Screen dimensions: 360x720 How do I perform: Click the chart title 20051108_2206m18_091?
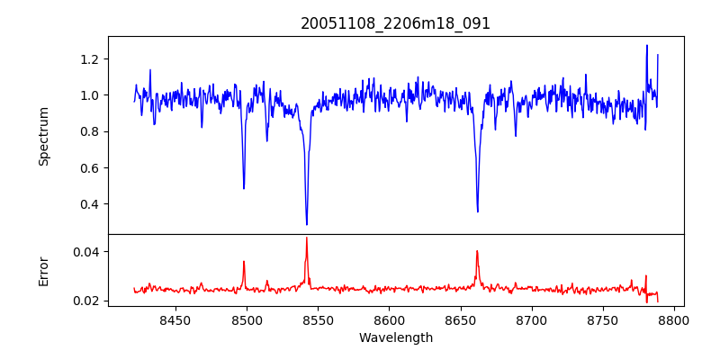pos(395,23)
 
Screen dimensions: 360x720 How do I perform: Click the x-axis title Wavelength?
pos(395,337)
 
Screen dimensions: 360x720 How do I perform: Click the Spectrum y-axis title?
pos(43,136)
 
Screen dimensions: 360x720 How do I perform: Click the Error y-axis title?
pos(43,271)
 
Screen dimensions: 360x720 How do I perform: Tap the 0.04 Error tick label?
pos(86,251)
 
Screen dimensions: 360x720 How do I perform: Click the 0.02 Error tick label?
pos(86,300)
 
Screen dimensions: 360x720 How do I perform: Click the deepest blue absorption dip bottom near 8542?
pos(307,224)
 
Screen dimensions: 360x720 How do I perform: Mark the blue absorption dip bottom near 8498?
pos(244,188)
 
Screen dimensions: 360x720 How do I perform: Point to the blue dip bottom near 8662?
pos(477,211)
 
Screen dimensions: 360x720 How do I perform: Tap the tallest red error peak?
pos(306,238)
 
